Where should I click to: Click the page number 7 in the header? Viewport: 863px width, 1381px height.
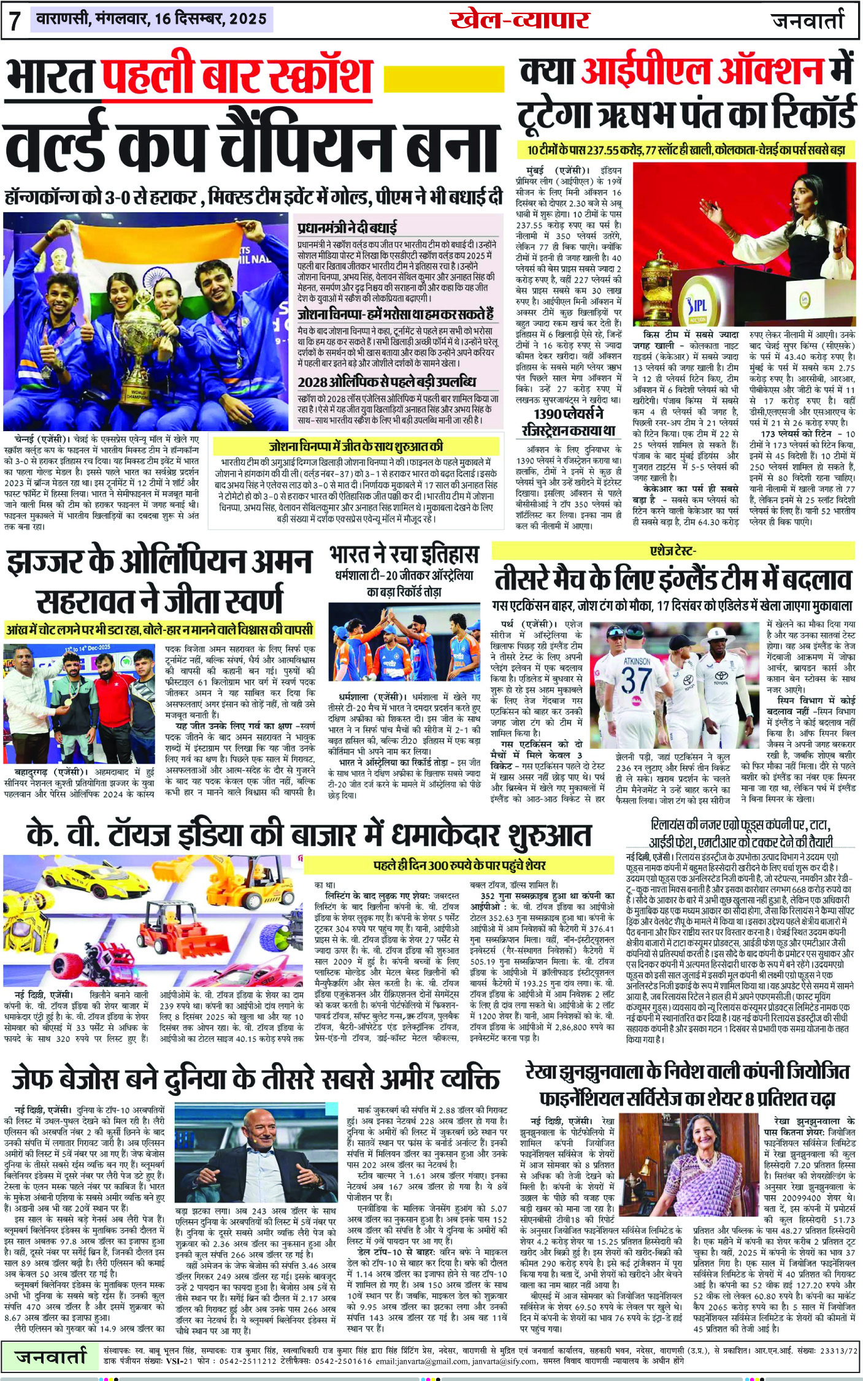(14, 20)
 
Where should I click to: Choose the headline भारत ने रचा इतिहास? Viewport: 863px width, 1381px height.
(404, 555)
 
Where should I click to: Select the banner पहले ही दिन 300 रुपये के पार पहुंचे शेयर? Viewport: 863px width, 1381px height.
(459, 865)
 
